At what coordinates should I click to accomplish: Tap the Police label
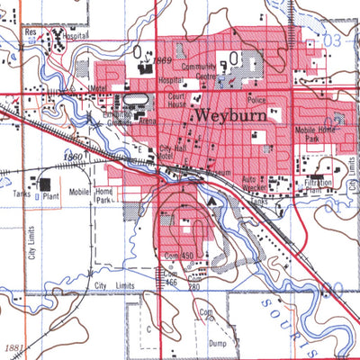click(x=257, y=100)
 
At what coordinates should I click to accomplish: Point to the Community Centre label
click(x=199, y=72)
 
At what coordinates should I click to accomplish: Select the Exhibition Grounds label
click(x=116, y=119)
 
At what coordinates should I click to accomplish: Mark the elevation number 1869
click(x=162, y=60)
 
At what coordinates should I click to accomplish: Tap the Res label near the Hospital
click(x=31, y=31)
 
